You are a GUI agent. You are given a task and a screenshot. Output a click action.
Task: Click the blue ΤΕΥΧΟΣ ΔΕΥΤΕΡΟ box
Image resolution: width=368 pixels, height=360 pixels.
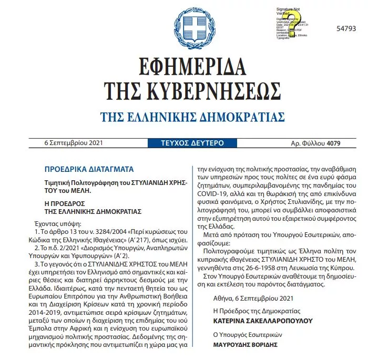tap(184, 143)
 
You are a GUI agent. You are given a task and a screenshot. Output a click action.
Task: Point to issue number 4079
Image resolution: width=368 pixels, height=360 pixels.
tap(333, 143)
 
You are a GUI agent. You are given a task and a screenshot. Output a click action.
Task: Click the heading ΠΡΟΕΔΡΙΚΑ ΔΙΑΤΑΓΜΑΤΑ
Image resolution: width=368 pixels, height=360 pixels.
tap(89, 169)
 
